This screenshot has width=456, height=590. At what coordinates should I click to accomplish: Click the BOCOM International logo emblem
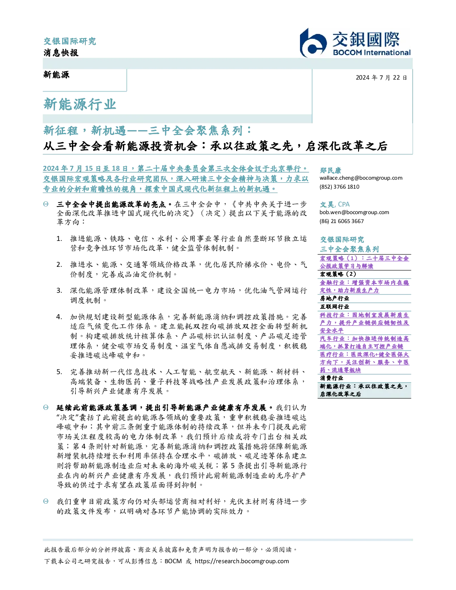click(x=313, y=43)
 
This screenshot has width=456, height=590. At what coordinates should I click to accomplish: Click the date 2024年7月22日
click(x=381, y=78)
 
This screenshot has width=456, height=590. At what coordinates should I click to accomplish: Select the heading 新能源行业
click(x=80, y=104)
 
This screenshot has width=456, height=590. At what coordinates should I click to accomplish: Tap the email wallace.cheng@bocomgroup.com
click(x=361, y=178)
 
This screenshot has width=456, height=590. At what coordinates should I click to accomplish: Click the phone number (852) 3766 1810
click(x=339, y=187)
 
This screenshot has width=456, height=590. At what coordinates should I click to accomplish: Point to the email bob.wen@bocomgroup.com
click(x=354, y=212)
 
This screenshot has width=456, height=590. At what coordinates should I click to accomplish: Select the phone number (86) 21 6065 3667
click(x=342, y=221)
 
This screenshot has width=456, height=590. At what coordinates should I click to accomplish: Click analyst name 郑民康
click(x=330, y=170)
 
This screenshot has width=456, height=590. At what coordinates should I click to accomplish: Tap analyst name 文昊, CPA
click(x=334, y=204)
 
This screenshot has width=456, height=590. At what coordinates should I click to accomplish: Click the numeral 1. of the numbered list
click(x=59, y=239)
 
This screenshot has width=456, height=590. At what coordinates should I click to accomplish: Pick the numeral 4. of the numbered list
click(x=59, y=317)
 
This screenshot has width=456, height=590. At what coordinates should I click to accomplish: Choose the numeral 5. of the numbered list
click(x=59, y=372)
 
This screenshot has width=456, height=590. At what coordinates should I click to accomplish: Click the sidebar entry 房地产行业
click(x=334, y=299)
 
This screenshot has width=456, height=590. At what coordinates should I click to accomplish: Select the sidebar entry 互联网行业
click(x=334, y=307)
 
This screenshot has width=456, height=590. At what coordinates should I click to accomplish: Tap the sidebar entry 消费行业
click(x=331, y=378)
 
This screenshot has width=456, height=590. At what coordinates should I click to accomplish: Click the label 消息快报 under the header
click(x=61, y=52)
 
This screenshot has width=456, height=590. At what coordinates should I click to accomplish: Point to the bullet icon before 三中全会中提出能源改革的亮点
click(x=46, y=204)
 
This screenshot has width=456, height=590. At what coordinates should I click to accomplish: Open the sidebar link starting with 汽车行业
click(x=364, y=342)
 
